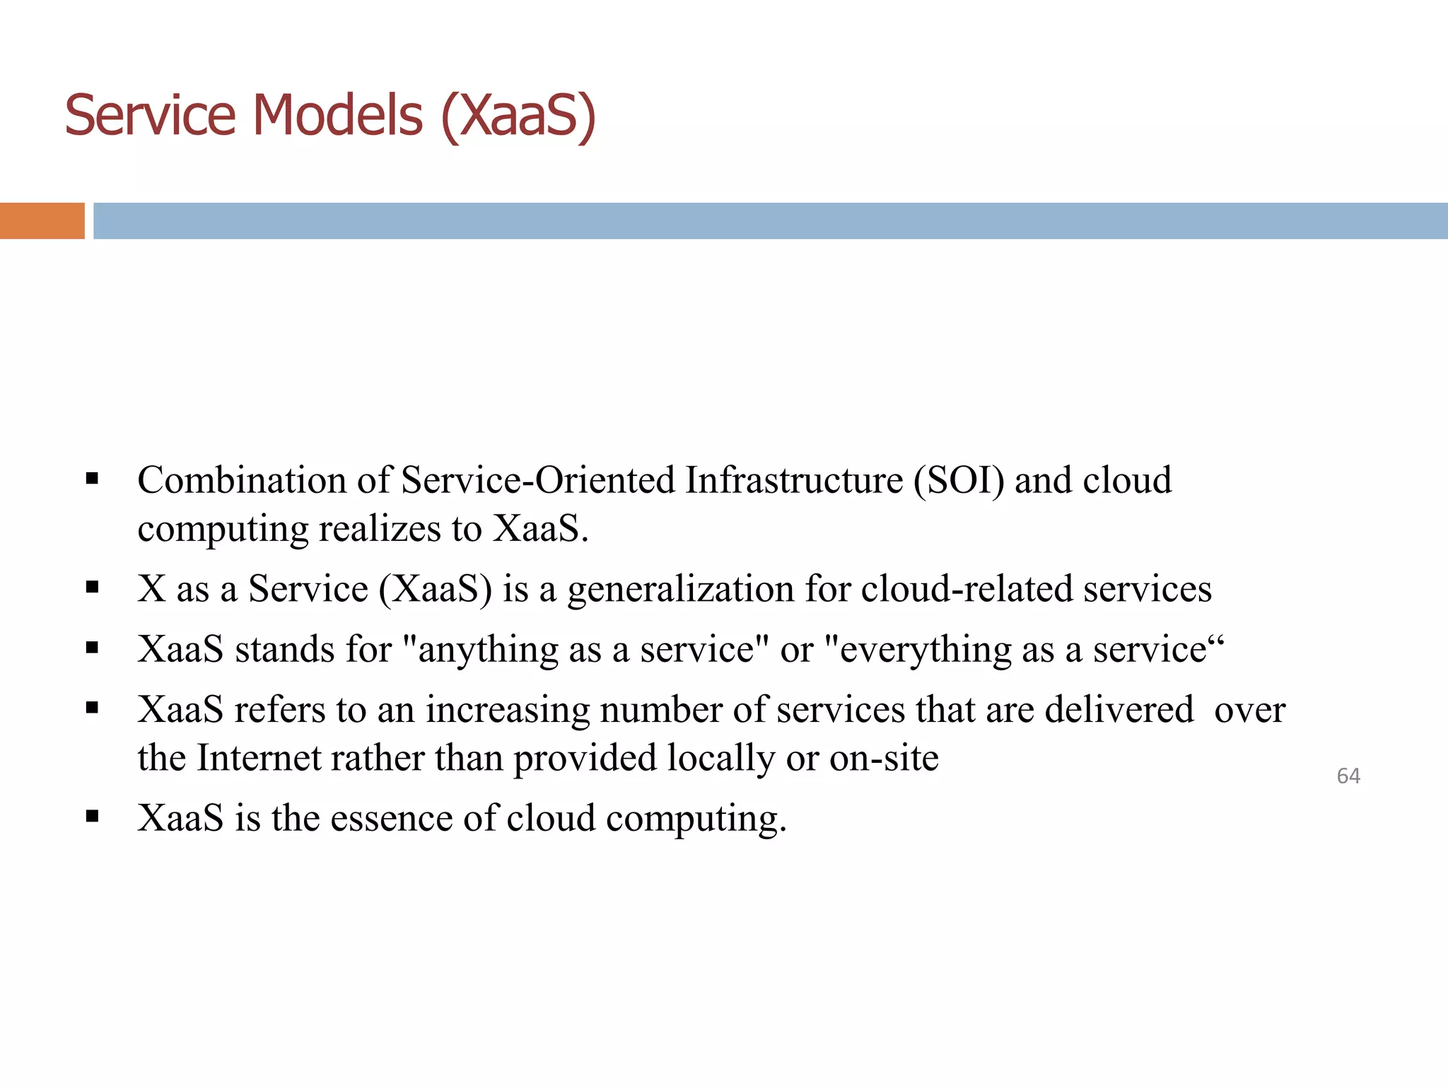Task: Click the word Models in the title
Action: pyautogui.click(x=337, y=115)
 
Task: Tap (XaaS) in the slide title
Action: pyautogui.click(x=518, y=117)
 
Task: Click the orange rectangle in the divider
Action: pyautogui.click(x=42, y=221)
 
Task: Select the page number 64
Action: pyautogui.click(x=1348, y=776)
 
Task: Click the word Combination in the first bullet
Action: pyautogui.click(x=241, y=481)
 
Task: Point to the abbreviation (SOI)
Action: pyautogui.click(x=958, y=481)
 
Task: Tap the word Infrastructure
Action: pyautogui.click(x=794, y=481)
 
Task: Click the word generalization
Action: pyautogui.click(x=681, y=590)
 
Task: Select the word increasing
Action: pyautogui.click(x=507, y=711)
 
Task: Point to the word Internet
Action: pyautogui.click(x=258, y=758)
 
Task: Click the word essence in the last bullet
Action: pyautogui.click(x=391, y=819)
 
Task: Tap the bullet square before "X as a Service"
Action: pyautogui.click(x=92, y=587)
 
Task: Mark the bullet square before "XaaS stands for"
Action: pyautogui.click(x=92, y=648)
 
